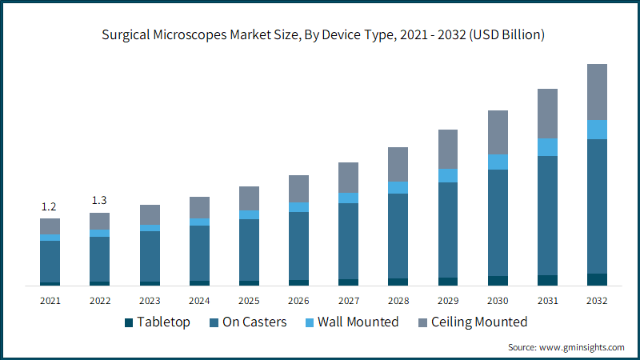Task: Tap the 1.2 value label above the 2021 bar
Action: click(x=50, y=206)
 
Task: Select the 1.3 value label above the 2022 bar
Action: click(x=99, y=200)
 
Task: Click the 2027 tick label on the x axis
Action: click(x=348, y=301)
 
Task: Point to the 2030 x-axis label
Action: click(x=498, y=301)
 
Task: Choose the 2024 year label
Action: click(x=199, y=301)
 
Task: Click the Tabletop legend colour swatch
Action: click(x=128, y=322)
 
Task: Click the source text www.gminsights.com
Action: click(x=566, y=347)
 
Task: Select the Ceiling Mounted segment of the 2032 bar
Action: click(x=597, y=91)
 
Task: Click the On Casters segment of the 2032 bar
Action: click(x=597, y=206)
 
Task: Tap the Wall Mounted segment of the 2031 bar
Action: click(x=547, y=147)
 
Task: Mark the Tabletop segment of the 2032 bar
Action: click(x=597, y=279)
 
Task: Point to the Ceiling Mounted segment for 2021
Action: click(x=50, y=226)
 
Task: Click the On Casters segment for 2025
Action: click(x=249, y=250)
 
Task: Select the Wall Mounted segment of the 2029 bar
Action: click(x=447, y=175)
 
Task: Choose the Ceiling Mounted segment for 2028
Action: click(x=398, y=164)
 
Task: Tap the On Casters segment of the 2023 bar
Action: click(x=150, y=256)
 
